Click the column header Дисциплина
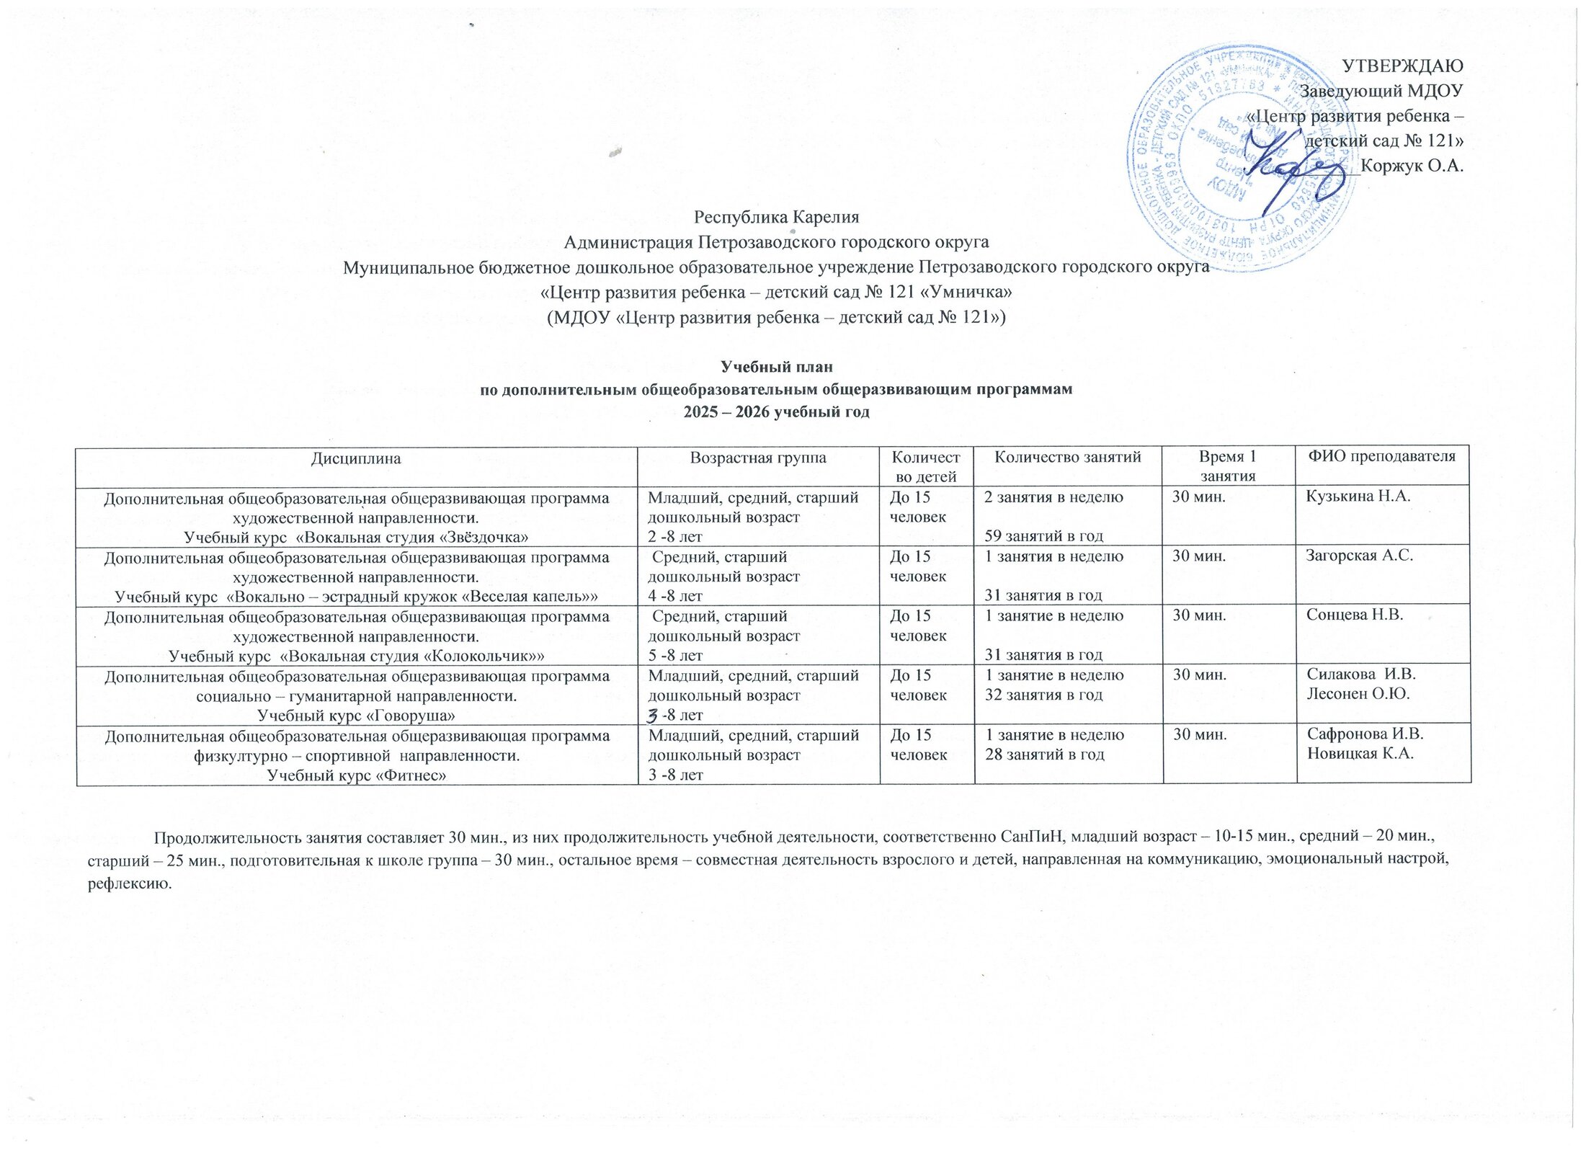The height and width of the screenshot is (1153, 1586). coord(356,458)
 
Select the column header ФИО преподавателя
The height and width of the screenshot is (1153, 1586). coord(1383,456)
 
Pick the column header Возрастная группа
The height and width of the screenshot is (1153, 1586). coord(758,458)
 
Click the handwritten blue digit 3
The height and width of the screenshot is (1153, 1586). coord(653,714)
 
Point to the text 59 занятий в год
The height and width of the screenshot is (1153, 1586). coord(1044,536)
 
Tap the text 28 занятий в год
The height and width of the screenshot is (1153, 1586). coord(1044,754)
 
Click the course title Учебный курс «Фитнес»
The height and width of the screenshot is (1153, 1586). coord(356,775)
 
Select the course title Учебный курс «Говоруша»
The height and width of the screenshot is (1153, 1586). coord(356,715)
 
